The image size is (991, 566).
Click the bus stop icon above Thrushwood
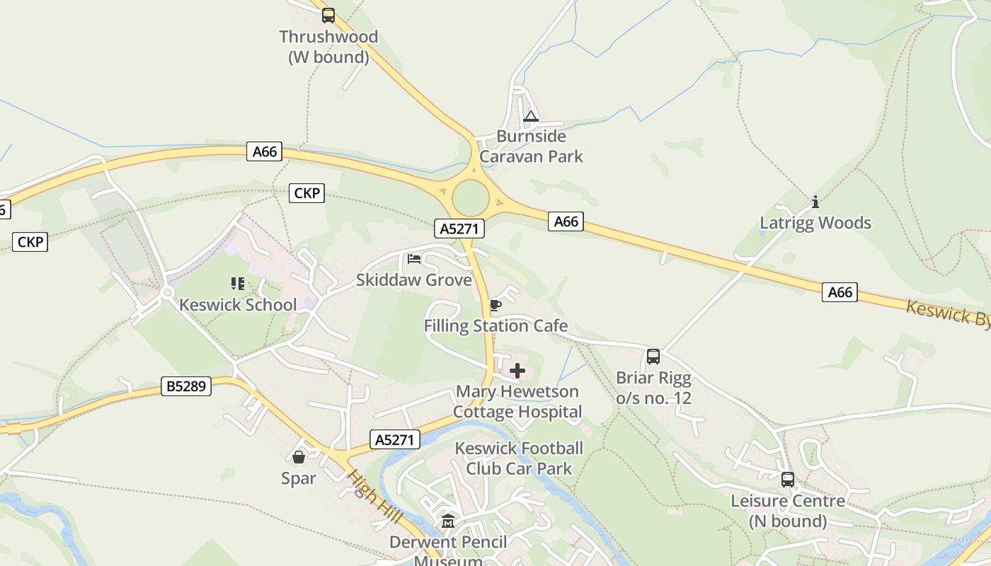click(x=328, y=15)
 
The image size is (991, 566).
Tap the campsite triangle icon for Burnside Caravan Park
click(x=531, y=117)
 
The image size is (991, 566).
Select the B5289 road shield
click(x=187, y=386)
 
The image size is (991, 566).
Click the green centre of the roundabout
click(x=471, y=198)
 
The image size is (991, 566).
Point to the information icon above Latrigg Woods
click(x=815, y=202)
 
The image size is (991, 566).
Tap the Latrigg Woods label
click(x=815, y=224)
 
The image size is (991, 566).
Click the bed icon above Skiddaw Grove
click(x=414, y=259)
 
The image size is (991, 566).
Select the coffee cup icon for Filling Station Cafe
click(x=495, y=305)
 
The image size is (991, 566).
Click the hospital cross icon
click(x=517, y=370)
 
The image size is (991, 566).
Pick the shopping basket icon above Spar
click(x=299, y=457)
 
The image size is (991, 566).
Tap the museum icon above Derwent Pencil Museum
click(x=448, y=521)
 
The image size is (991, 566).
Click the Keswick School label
click(x=238, y=305)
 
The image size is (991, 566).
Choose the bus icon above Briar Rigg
click(x=653, y=357)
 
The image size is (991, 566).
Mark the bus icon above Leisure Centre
click(x=788, y=480)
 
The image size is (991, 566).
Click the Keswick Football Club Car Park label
click(x=519, y=458)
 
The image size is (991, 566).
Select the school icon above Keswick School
click(x=238, y=284)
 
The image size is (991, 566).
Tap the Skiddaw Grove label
click(x=414, y=280)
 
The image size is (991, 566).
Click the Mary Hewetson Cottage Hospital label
click(x=517, y=401)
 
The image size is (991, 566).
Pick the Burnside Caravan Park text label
click(x=531, y=146)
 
